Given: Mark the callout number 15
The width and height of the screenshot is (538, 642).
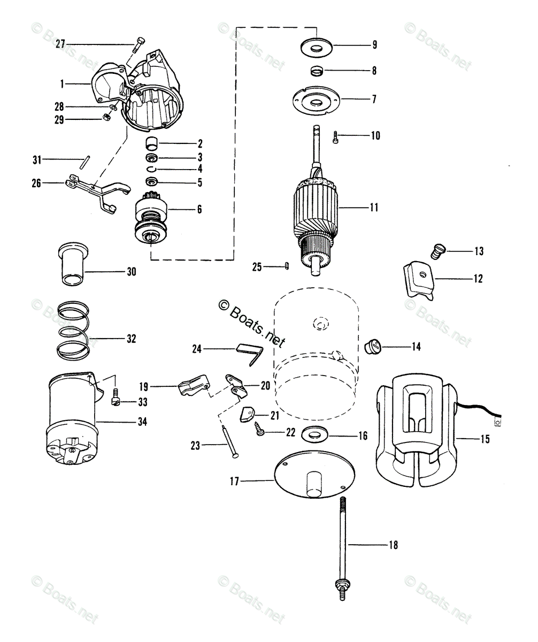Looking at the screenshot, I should (x=485, y=439).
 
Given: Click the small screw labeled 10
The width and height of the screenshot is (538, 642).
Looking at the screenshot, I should (x=335, y=136).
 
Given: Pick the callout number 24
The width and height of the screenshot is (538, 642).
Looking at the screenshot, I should (x=197, y=349).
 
